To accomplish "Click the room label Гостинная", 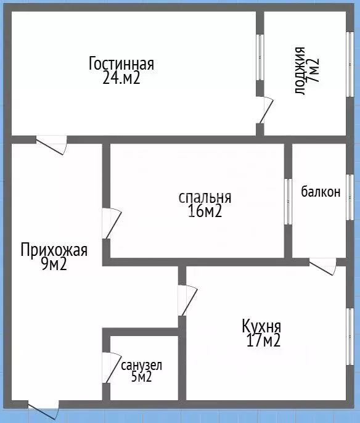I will [x=121, y=64].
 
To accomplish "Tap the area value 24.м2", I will [x=121, y=78].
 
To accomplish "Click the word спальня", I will [x=205, y=198].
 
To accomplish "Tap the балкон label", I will [x=321, y=192].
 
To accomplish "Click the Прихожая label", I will [x=54, y=250].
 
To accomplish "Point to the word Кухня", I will [x=262, y=326].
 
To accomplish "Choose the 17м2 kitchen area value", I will [x=261, y=340].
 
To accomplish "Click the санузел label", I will [x=142, y=366].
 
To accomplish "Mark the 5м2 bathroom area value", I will [x=141, y=377].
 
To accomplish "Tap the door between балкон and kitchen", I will [x=322, y=266].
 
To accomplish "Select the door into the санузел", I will [x=112, y=368].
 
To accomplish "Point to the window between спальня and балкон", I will [x=288, y=202].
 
